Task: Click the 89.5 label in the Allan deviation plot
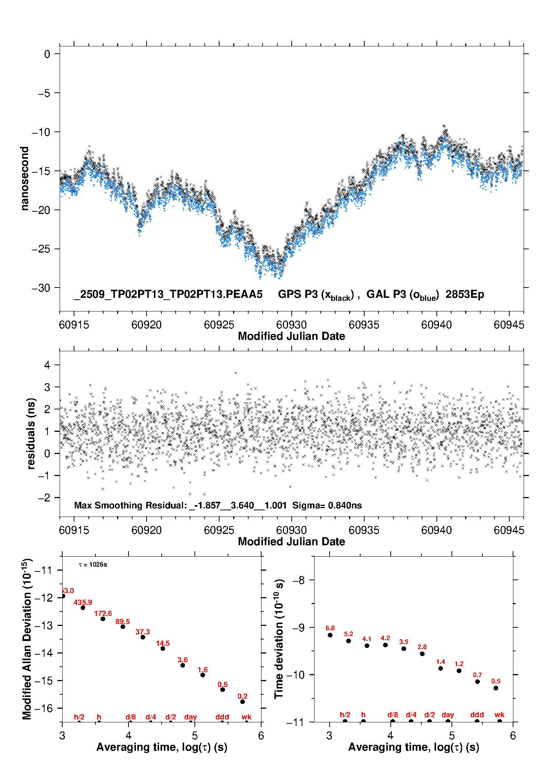point(123,621)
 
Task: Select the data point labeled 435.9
point(83,607)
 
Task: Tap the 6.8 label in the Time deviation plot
point(330,628)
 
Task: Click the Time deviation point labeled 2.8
point(422,654)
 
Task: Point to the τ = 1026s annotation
point(93,564)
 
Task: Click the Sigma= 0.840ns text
point(327,505)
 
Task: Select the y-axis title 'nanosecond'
point(24,178)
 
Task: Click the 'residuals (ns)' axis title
point(31,433)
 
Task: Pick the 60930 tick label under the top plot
point(291,325)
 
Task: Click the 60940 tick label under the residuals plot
point(436,530)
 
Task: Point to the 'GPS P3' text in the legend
point(298,294)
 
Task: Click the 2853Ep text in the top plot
point(465,294)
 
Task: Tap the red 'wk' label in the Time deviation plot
point(499,715)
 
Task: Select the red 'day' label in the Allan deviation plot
point(190,717)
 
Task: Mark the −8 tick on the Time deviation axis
point(300,580)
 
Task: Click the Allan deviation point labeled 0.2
point(243,702)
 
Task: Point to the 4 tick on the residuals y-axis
point(47,365)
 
